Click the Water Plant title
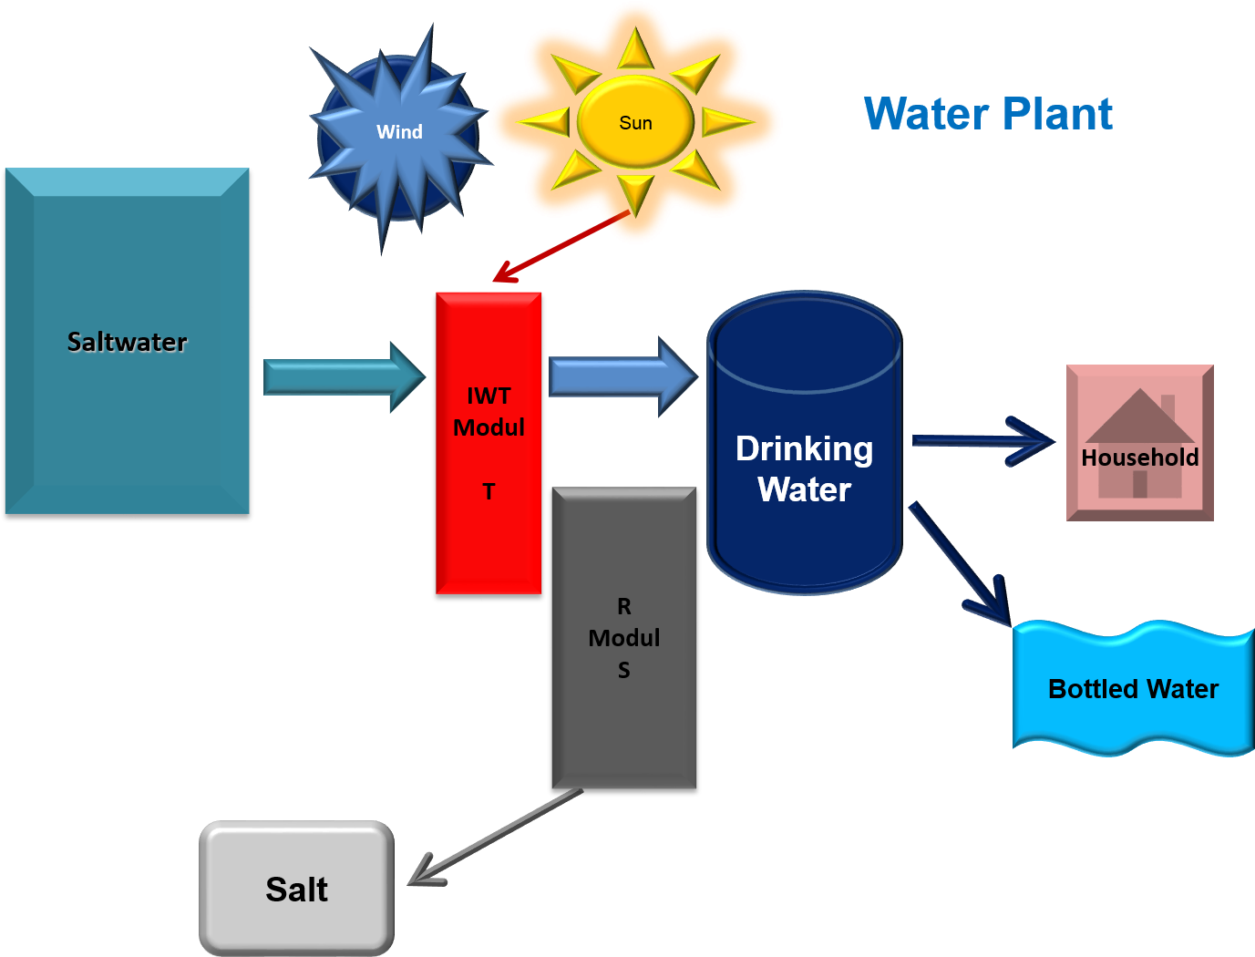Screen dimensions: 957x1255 988,115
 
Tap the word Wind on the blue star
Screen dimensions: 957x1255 399,132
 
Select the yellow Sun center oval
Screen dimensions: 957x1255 635,122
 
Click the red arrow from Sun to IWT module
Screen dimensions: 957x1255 561,246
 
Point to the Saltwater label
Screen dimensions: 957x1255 127,342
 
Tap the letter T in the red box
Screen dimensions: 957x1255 489,492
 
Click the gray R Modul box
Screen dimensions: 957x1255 623,729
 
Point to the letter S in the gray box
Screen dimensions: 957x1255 623,671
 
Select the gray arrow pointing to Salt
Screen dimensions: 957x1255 497,837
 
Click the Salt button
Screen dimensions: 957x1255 296,889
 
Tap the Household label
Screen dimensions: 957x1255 1139,458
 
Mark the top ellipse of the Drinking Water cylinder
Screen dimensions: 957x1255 804,342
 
